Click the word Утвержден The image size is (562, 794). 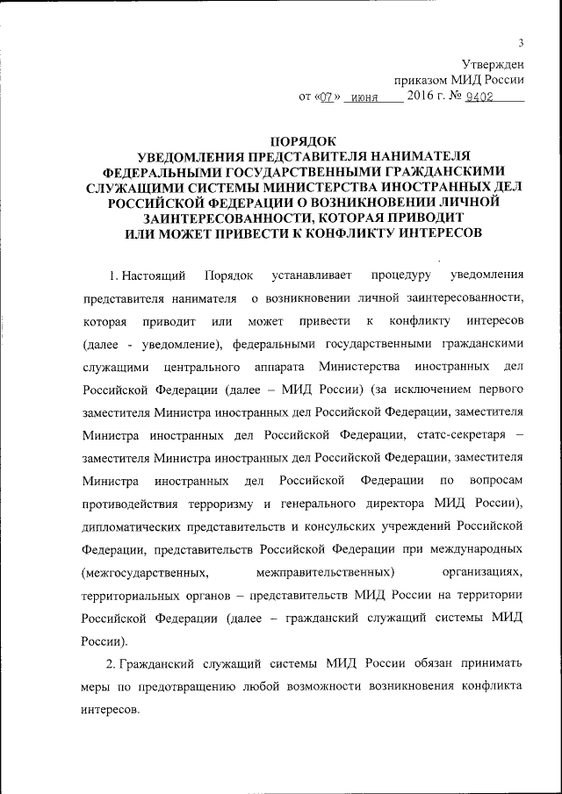point(494,63)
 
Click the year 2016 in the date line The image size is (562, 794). point(425,97)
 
